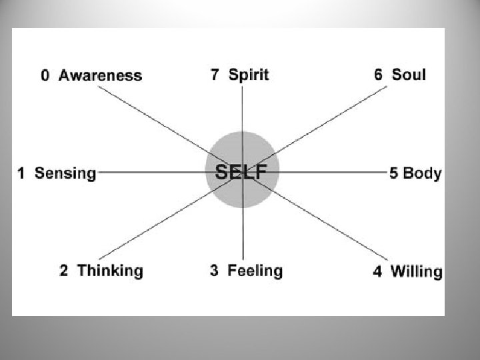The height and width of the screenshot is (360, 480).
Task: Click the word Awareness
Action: click(x=100, y=75)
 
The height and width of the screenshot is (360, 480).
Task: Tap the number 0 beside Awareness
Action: click(x=45, y=75)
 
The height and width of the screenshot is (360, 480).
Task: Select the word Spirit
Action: click(x=249, y=74)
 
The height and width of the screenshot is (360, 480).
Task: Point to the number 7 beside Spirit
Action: click(x=215, y=74)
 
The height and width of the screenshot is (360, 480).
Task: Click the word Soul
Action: click(x=409, y=74)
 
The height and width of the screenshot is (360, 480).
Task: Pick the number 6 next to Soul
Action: click(x=379, y=74)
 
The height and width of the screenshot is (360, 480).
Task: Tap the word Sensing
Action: click(x=65, y=173)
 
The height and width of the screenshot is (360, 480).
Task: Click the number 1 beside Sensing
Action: click(x=21, y=173)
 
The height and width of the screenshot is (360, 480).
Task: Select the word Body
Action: click(x=422, y=173)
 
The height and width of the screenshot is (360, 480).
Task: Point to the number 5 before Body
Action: click(x=394, y=173)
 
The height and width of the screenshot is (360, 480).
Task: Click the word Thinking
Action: click(x=110, y=271)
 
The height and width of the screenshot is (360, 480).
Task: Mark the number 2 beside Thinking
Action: click(x=64, y=271)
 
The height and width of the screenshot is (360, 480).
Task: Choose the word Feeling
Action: click(x=255, y=271)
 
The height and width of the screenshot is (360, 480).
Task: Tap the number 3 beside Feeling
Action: click(x=215, y=271)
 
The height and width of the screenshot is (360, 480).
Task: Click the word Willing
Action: click(x=416, y=271)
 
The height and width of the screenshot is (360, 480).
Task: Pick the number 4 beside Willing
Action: click(x=378, y=271)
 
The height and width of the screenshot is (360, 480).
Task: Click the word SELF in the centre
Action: click(x=241, y=171)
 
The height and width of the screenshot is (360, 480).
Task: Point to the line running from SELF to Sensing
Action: click(x=153, y=172)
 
